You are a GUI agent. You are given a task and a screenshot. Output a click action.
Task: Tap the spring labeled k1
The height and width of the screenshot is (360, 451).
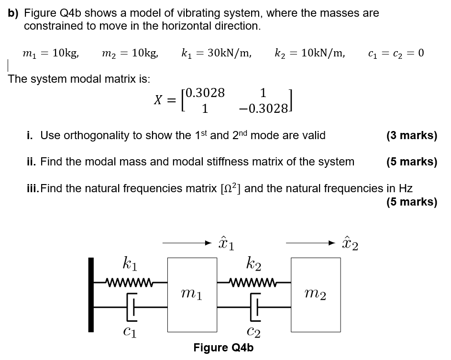tap(128, 281)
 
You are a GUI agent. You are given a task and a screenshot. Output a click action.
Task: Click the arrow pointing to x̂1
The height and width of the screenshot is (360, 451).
tap(187, 243)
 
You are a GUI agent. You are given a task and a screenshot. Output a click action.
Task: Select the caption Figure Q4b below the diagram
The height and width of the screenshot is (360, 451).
tap(223, 348)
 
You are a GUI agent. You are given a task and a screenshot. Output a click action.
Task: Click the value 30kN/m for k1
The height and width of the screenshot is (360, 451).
tap(224, 53)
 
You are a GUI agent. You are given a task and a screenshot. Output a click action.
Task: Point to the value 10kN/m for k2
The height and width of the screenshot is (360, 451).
tap(318, 53)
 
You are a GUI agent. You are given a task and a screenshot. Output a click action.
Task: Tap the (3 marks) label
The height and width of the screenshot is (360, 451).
tap(411, 135)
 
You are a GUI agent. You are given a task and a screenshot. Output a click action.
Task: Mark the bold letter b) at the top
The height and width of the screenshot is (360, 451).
tap(14, 13)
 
